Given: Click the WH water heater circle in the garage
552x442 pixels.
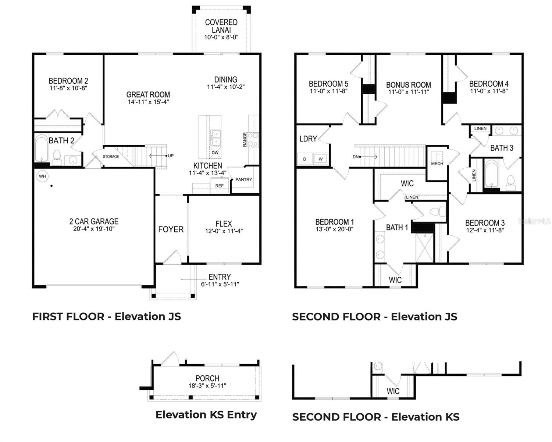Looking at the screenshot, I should [42, 176].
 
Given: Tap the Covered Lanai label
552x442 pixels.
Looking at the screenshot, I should [221, 26].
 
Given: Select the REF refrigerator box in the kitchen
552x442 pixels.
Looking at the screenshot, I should [219, 186].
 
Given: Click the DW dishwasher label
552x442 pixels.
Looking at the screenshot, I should [215, 152].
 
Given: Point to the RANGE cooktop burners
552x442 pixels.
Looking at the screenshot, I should [253, 140].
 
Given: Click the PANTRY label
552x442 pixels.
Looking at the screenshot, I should [244, 179].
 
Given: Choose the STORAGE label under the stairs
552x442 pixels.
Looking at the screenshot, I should [111, 157].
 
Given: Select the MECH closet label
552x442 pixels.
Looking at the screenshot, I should [437, 164].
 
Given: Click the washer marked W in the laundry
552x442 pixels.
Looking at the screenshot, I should [321, 159].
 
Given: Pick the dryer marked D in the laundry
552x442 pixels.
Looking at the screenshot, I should [305, 159].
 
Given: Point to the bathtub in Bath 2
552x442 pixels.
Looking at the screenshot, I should [42, 148].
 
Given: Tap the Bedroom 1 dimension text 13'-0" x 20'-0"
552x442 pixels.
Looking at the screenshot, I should [334, 229].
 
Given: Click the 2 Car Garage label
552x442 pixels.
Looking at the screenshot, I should [94, 221].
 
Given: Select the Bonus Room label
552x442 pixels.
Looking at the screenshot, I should [408, 85].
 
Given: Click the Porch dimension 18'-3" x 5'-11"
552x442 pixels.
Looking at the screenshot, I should [207, 386].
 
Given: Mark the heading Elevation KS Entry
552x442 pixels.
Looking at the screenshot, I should [206, 415].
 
